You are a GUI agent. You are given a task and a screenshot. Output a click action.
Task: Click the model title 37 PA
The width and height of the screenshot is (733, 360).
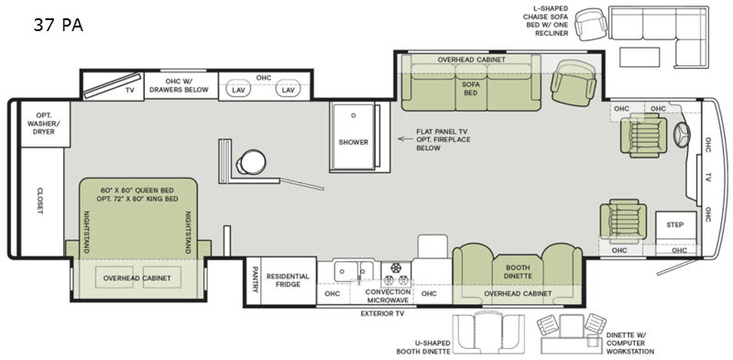(59, 26)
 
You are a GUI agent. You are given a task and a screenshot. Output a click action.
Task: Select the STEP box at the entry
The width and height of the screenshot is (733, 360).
(675, 224)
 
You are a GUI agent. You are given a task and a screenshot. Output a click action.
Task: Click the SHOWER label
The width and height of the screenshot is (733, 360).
(354, 142)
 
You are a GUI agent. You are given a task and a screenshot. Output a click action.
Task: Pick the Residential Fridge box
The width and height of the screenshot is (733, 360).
(289, 280)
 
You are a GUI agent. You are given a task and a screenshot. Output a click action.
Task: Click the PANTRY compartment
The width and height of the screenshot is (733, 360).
(254, 280)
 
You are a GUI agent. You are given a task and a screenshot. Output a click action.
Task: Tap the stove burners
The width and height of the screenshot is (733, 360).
(397, 275)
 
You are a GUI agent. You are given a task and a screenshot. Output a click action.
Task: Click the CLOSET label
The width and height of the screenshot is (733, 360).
(39, 201)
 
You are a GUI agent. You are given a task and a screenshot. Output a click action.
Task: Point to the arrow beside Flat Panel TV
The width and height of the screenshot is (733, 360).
(403, 139)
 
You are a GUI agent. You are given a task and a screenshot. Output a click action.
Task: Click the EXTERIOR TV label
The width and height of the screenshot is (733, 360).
(382, 313)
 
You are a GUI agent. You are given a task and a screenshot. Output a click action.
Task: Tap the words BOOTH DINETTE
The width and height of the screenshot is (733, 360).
(519, 272)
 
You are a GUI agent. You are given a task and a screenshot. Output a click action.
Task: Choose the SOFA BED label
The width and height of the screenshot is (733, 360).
(470, 88)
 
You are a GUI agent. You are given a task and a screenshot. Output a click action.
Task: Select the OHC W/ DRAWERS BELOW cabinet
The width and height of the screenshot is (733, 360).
(181, 85)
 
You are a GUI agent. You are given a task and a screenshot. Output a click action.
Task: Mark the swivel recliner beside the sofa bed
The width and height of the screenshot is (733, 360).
(574, 82)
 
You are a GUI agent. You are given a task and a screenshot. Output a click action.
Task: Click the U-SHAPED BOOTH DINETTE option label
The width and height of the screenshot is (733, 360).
(423, 347)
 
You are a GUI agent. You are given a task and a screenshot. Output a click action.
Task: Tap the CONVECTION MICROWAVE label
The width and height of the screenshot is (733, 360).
(388, 297)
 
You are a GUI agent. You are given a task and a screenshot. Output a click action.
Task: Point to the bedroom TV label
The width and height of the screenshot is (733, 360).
(129, 91)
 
